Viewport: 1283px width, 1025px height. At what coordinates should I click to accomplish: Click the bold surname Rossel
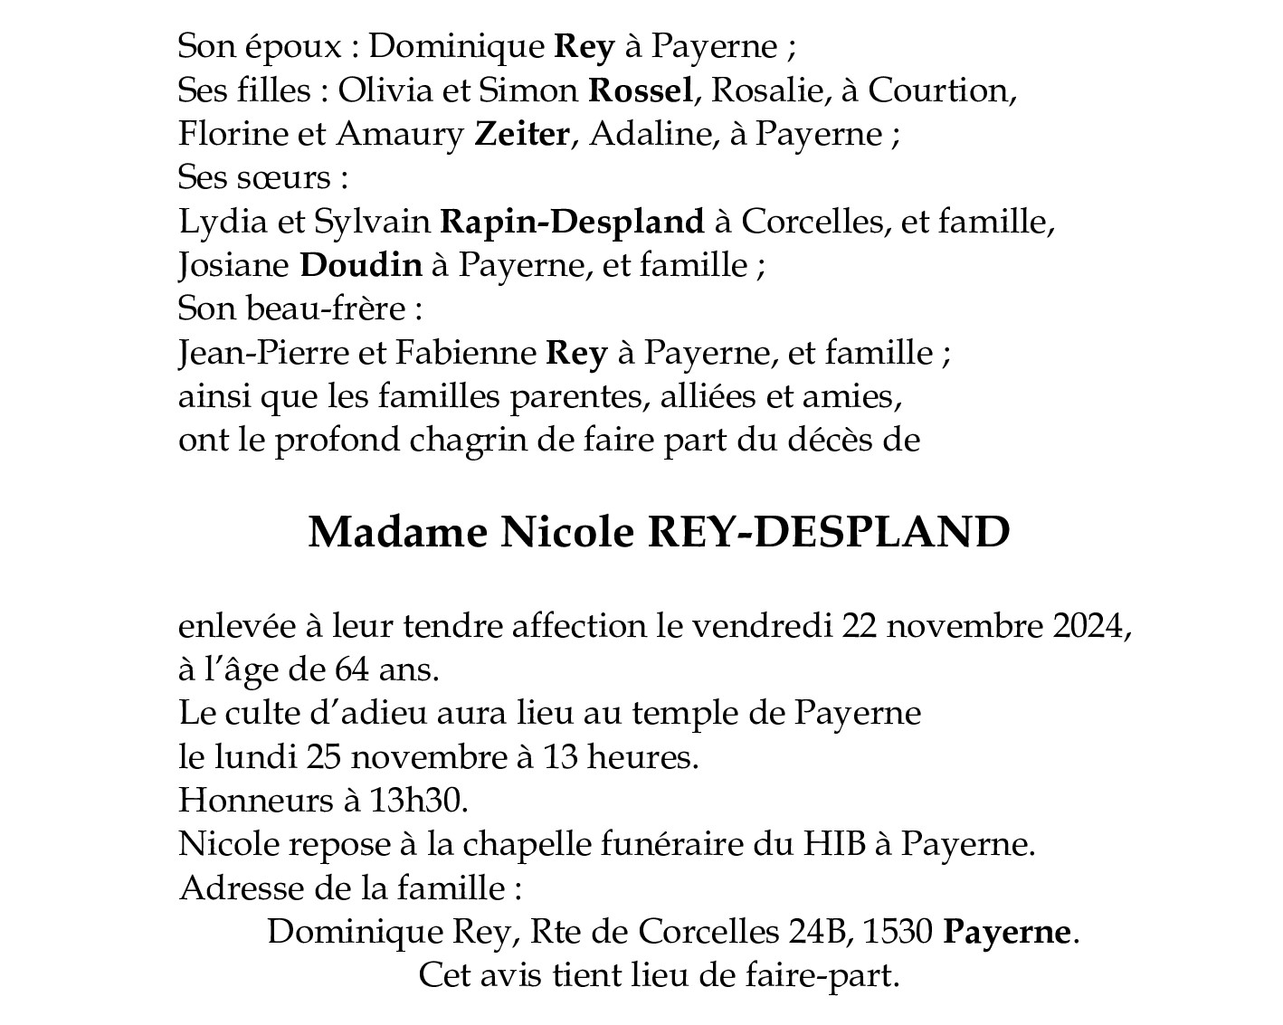[x=641, y=90]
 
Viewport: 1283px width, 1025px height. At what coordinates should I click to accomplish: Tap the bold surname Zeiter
[x=522, y=134]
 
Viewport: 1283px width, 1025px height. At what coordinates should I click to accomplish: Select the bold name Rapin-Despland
[x=572, y=222]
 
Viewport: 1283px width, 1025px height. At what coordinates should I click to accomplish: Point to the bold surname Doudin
[x=360, y=265]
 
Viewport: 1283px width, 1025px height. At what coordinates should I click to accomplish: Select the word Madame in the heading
[x=397, y=533]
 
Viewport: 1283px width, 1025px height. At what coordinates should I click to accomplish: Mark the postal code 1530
[x=898, y=932]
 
